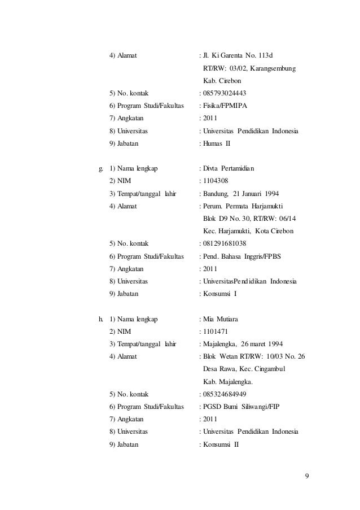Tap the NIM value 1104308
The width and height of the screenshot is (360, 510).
(x=216, y=181)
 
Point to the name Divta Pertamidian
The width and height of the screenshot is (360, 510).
(x=229, y=168)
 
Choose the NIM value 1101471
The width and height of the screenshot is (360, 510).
(x=216, y=332)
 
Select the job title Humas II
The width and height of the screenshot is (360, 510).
(x=217, y=143)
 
